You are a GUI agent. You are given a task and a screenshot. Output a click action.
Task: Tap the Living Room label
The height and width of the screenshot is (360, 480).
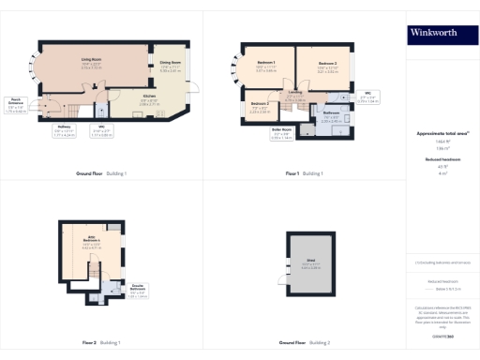pos(91,62)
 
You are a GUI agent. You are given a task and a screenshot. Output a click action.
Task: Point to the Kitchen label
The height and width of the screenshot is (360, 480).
pos(149,97)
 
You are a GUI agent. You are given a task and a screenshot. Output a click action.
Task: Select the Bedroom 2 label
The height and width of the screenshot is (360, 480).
pos(327,66)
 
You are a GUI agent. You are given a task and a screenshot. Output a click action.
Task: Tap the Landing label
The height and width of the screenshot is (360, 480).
pos(295,95)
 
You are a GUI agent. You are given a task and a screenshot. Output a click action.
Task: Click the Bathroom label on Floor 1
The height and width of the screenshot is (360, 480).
pos(332,117)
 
